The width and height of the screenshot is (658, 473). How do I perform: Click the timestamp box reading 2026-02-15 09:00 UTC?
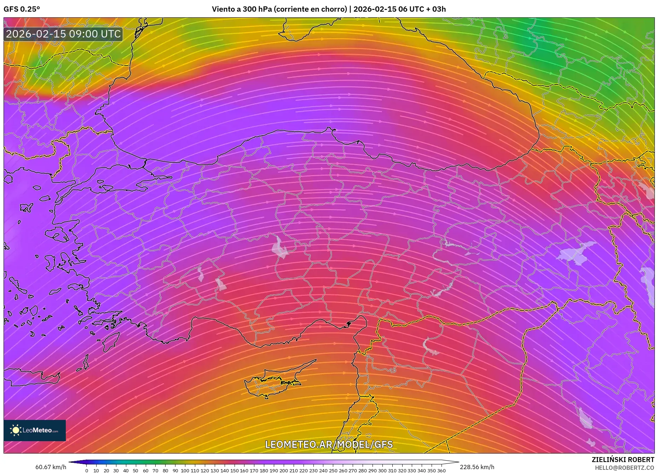(x=63, y=34)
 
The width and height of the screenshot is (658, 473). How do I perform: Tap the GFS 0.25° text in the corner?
(x=22, y=9)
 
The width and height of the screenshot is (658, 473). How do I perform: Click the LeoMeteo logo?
(x=35, y=430)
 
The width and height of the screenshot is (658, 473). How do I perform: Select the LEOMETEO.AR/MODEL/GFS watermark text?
(x=329, y=444)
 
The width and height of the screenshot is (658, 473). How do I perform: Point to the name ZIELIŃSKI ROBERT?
(x=623, y=460)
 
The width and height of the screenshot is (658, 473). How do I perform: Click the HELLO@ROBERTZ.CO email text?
(x=624, y=468)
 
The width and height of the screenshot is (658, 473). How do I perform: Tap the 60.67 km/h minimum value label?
(x=51, y=467)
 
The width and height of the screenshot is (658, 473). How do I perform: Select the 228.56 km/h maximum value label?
(x=477, y=467)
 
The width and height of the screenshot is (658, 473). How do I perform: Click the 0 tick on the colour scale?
(x=87, y=471)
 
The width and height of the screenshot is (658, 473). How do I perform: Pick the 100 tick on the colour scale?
(x=185, y=471)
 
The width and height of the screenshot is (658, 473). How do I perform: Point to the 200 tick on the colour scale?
(x=283, y=471)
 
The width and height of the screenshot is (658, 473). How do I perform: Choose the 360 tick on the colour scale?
(x=441, y=471)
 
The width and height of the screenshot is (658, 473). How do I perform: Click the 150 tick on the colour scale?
(x=234, y=471)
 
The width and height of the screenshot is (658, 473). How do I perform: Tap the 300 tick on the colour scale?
(x=382, y=471)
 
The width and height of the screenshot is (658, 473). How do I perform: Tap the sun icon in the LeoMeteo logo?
(x=16, y=430)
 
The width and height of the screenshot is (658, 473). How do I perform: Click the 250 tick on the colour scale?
(x=333, y=471)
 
